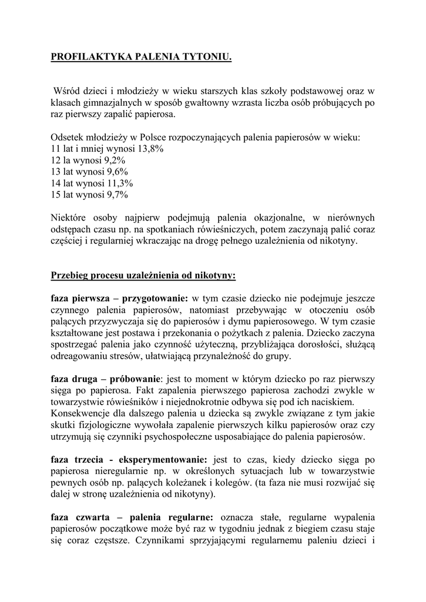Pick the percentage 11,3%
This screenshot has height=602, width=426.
[121, 183]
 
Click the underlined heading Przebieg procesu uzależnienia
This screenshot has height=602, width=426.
[143, 275]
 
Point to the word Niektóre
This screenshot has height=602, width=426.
[70, 218]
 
